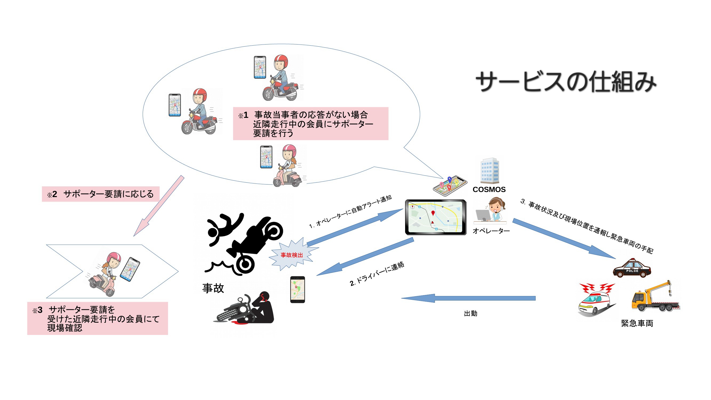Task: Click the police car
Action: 632,268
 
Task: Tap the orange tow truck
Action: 655,297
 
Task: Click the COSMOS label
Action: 489,189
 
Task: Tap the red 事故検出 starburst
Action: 291,254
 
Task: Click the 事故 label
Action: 213,288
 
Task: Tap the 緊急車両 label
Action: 637,323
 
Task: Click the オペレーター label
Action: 491,231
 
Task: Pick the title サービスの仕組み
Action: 566,81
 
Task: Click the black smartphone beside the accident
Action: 297,289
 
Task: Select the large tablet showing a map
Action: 435,217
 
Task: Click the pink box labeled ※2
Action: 101,194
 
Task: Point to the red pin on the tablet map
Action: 433,213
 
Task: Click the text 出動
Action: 470,313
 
